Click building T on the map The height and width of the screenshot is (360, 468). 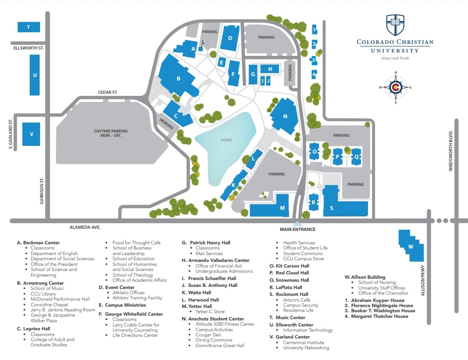point(28,27)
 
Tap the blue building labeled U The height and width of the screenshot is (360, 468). point(35,75)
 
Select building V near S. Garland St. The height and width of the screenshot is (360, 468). point(31,134)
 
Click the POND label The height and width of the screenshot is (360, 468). point(226,140)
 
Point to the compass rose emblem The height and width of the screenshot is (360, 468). point(395,87)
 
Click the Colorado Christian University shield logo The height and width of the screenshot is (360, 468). point(395,25)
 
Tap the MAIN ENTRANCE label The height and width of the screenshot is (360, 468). point(298,229)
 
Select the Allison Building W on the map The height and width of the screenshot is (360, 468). point(410,246)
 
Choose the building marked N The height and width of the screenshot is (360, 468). point(285,116)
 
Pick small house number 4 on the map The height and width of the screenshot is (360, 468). point(314,74)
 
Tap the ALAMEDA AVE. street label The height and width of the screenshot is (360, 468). point(85,227)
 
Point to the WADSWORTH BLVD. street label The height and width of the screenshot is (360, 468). point(451,151)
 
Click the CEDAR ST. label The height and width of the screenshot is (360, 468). point(107,92)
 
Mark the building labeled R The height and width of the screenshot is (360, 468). point(314,202)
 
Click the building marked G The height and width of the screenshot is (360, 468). point(253,75)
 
